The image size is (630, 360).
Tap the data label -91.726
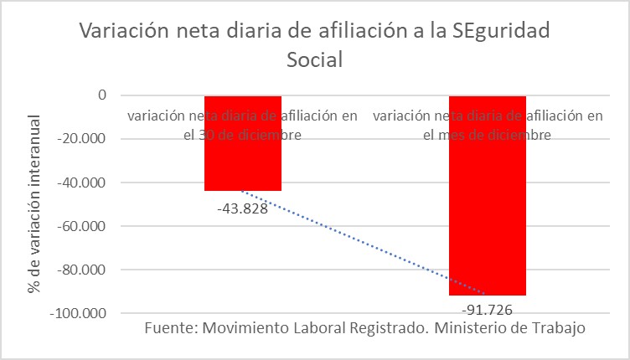point(487,308)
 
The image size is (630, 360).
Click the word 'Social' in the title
point(315,61)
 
